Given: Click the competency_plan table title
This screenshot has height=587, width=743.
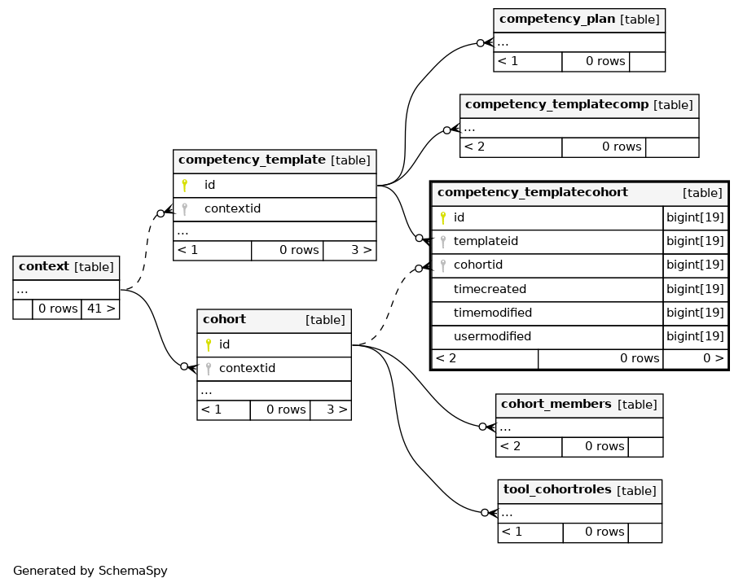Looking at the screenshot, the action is (556, 19).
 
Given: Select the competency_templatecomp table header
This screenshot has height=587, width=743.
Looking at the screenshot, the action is (579, 106).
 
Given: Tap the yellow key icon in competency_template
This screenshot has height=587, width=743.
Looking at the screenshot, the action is (184, 185).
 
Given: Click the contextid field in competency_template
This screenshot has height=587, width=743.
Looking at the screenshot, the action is (232, 208).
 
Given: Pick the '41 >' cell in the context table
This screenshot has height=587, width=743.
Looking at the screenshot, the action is (100, 309).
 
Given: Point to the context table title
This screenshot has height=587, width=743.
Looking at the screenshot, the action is (44, 266).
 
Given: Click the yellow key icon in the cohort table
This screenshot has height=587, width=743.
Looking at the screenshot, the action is (208, 344).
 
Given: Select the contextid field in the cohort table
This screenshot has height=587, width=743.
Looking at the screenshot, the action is (247, 368).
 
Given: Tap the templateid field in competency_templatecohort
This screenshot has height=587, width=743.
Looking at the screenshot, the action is (486, 242).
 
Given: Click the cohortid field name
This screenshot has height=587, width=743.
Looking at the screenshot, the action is (478, 265).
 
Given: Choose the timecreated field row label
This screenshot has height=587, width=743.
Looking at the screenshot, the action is (490, 289).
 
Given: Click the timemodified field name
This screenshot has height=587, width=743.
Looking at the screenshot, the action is (493, 313).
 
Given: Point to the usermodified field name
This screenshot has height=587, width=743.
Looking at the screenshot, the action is (492, 336).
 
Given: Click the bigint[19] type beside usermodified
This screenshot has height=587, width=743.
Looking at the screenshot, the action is (695, 336).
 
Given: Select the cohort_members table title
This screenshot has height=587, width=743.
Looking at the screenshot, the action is (556, 405).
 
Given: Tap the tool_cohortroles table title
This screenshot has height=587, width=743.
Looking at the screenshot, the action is (557, 489).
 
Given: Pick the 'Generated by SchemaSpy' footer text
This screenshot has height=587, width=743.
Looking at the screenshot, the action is (90, 571).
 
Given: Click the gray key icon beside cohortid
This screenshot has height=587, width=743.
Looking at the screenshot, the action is (443, 265).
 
